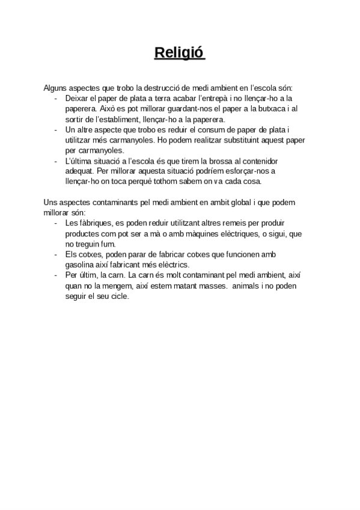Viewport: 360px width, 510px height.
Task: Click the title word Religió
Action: (x=180, y=54)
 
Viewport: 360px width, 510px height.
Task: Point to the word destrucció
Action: (x=170, y=88)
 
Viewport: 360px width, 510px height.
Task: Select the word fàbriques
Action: (x=90, y=223)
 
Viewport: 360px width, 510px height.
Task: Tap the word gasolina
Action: (x=82, y=265)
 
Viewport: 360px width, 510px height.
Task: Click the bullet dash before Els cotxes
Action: (x=56, y=254)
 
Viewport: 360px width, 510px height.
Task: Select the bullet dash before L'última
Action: (x=56, y=161)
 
